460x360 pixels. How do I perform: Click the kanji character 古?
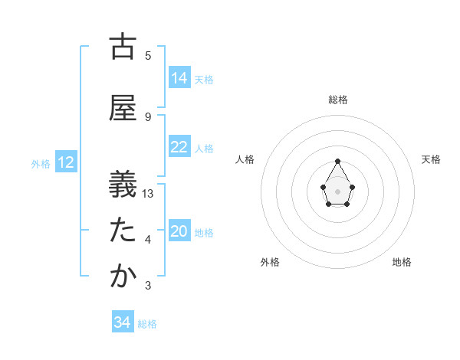tap(123, 47)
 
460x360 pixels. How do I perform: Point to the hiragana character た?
tap(123, 231)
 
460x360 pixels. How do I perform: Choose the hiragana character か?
tap(123, 277)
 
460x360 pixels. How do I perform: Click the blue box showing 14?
tap(179, 78)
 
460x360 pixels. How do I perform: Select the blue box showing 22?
tap(179, 147)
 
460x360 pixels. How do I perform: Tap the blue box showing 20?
tap(179, 231)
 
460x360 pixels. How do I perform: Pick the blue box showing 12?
tap(66, 162)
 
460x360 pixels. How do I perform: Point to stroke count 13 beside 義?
tap(149, 194)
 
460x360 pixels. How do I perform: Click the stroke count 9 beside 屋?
tap(148, 116)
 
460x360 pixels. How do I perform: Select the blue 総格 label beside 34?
tap(147, 324)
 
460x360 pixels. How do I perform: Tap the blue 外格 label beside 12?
tap(41, 163)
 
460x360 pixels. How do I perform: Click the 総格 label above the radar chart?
tap(338, 100)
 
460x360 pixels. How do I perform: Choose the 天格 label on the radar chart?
tap(431, 159)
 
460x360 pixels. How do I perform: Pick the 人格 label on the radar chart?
tap(245, 159)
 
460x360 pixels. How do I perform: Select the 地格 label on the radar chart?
tap(402, 262)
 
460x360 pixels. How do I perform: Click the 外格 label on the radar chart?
tap(270, 262)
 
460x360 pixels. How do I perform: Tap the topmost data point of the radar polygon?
tap(338, 161)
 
